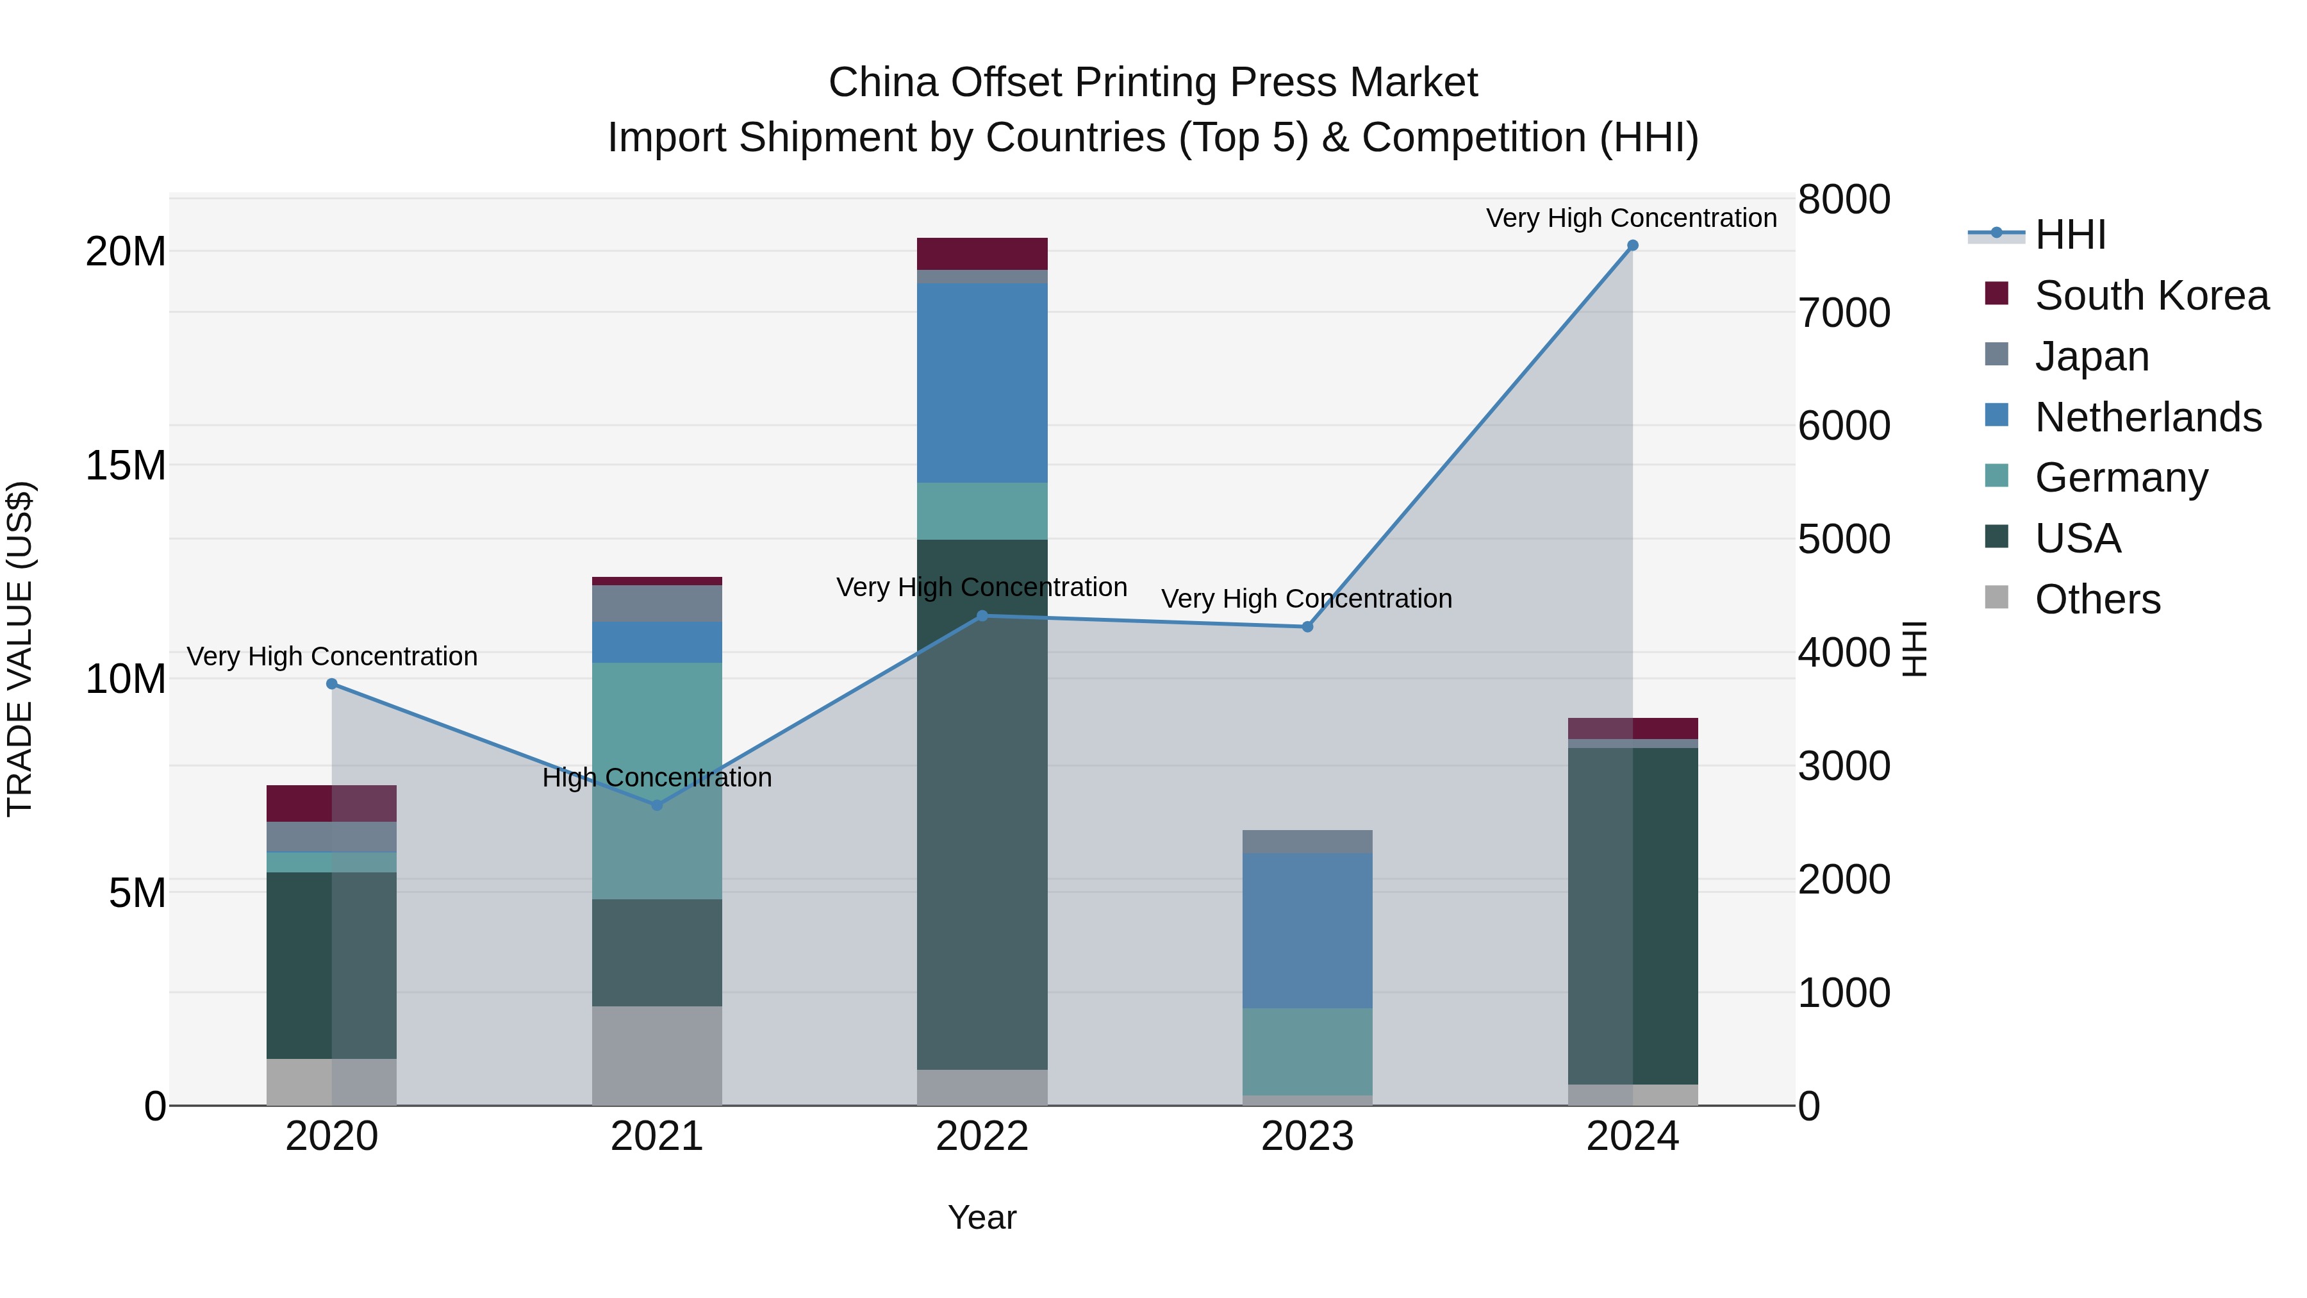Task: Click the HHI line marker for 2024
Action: (x=1632, y=245)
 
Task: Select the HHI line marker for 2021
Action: (x=656, y=805)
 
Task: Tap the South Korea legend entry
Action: (x=2151, y=295)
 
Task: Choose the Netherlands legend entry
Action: (x=2147, y=417)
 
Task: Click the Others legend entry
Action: (x=2097, y=599)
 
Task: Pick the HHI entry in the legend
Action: (x=2070, y=235)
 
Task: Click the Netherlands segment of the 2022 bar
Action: (x=982, y=383)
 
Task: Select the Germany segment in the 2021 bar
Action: (x=656, y=779)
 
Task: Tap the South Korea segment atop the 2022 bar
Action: (x=982, y=253)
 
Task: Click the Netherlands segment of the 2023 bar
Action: (x=1307, y=930)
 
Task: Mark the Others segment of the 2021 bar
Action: (x=656, y=1055)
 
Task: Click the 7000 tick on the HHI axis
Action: (x=1844, y=313)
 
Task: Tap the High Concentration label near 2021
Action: (x=656, y=778)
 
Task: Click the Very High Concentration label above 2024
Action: (x=1631, y=218)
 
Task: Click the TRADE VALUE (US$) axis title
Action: (x=20, y=649)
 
